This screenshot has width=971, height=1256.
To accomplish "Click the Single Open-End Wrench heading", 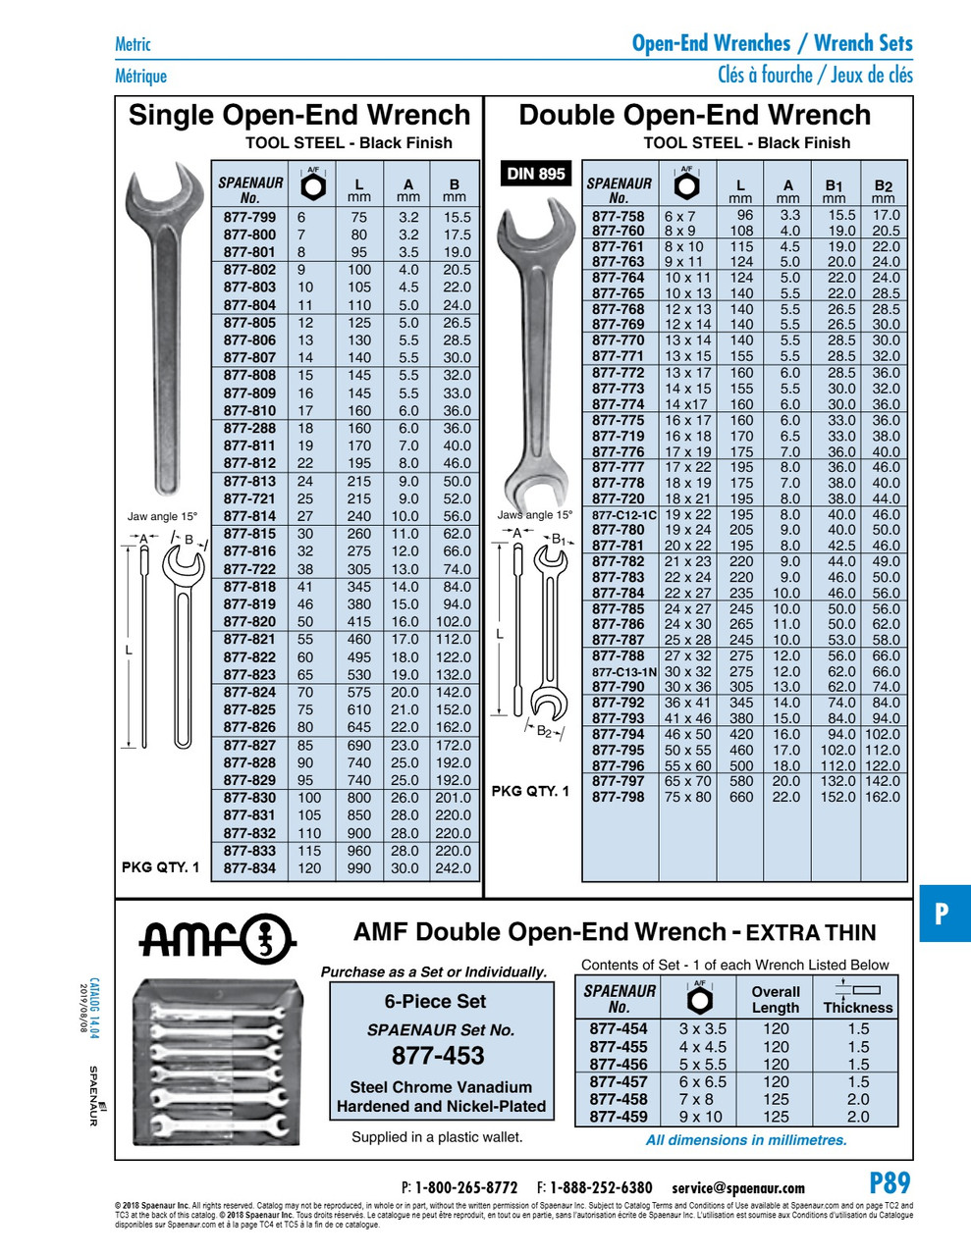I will click(x=299, y=115).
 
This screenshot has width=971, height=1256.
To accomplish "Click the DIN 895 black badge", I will click(x=536, y=174).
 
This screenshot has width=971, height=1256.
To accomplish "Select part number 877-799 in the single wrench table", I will click(x=249, y=217).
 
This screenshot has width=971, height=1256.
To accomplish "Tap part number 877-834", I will click(x=249, y=868).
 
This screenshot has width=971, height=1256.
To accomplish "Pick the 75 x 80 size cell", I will click(x=687, y=797).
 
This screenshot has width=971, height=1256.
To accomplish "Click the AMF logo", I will click(x=215, y=939).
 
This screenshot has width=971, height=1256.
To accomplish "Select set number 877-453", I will click(x=438, y=1056).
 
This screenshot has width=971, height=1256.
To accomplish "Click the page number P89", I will click(x=890, y=1182).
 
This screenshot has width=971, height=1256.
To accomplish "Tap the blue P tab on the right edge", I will click(x=943, y=914).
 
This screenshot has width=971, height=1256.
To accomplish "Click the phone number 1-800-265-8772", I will click(x=465, y=1187).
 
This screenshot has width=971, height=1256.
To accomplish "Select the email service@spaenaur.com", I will click(x=738, y=1187).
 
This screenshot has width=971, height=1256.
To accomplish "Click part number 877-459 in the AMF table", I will click(x=619, y=1117).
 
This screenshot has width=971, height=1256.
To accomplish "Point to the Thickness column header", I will click(x=858, y=1007).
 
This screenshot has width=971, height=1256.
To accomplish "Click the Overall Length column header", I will click(x=776, y=999).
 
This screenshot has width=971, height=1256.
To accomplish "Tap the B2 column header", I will click(x=884, y=185).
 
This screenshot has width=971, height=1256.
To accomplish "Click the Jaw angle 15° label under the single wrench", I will click(x=162, y=516).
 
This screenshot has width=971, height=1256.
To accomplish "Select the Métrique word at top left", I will click(x=140, y=76).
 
